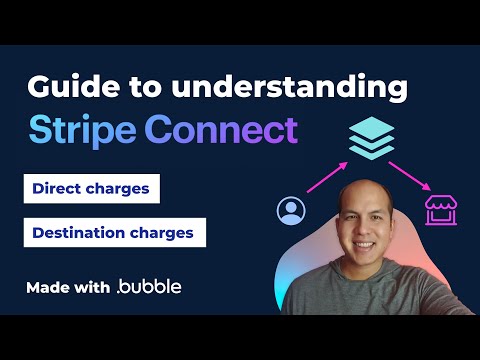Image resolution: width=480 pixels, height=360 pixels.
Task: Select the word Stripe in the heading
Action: click(x=81, y=130)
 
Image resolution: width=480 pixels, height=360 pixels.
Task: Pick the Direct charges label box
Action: click(x=91, y=188)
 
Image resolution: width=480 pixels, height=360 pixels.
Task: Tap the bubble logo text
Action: click(x=150, y=288)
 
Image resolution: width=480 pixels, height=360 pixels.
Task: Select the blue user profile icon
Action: click(x=291, y=211)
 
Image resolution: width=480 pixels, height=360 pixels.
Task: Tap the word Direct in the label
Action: click(x=58, y=188)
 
